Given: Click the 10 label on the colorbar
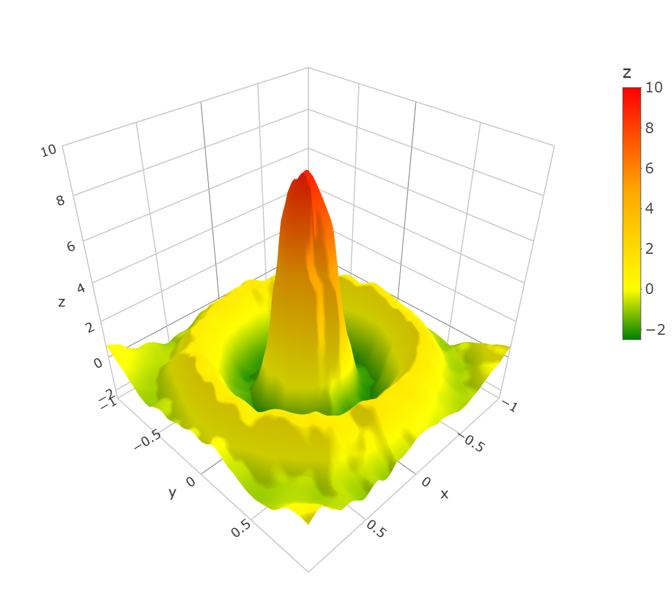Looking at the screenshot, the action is pyautogui.click(x=654, y=88).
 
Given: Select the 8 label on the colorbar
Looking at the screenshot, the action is pyautogui.click(x=650, y=128).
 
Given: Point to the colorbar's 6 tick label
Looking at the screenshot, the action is pyautogui.click(x=650, y=168).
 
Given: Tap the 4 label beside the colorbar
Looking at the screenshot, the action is pyautogui.click(x=650, y=208).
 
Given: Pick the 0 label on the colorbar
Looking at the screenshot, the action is pyautogui.click(x=650, y=289).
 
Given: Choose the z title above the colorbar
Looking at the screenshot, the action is pyautogui.click(x=627, y=73).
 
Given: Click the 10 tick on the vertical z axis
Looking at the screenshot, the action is pyautogui.click(x=49, y=151).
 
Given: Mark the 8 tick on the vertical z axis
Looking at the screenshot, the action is pyautogui.click(x=61, y=200).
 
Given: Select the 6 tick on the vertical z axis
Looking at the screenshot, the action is pyautogui.click(x=71, y=247).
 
